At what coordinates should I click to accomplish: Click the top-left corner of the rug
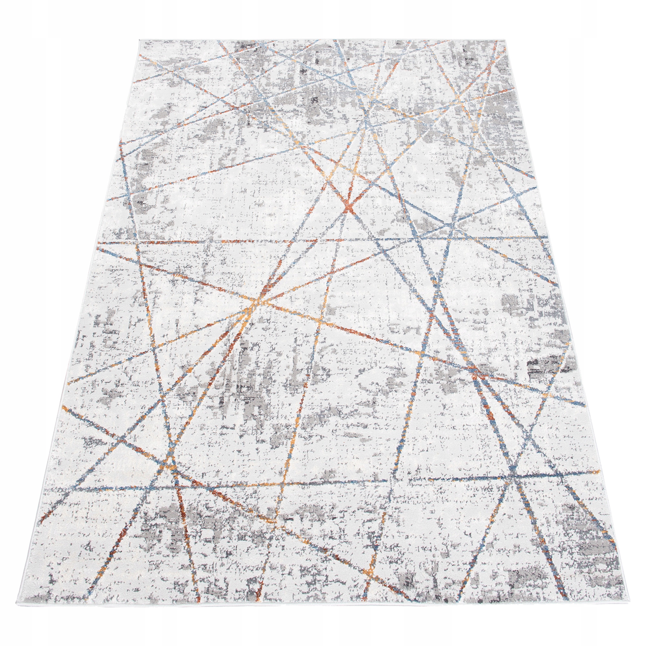pyautogui.click(x=139, y=40)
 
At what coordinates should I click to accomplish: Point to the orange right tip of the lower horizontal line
pyautogui.click(x=599, y=472)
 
